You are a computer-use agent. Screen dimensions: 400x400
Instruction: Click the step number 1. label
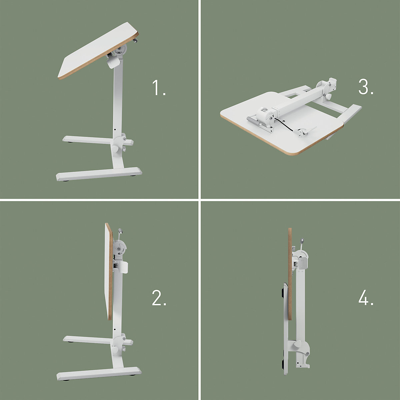(x=159, y=88)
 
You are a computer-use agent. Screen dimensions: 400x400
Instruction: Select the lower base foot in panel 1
(x=99, y=174)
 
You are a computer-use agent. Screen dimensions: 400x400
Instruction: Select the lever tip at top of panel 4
(x=302, y=240)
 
